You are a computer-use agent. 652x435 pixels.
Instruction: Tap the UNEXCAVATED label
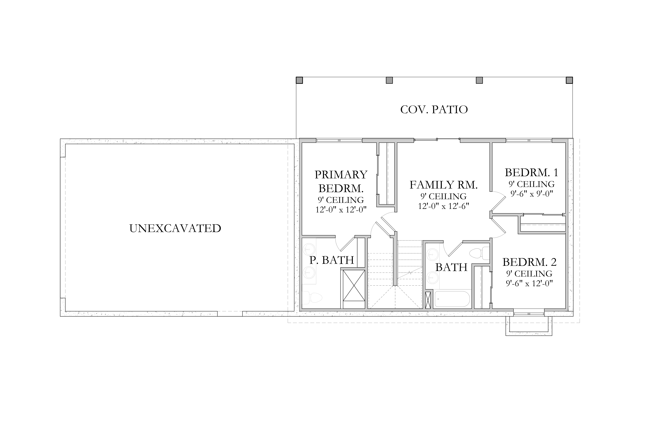175,228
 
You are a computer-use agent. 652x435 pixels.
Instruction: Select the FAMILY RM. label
444,185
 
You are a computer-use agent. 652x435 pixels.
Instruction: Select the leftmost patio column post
299,80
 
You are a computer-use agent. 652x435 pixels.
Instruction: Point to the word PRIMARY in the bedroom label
341,175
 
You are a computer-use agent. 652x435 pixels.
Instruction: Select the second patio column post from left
389,80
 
